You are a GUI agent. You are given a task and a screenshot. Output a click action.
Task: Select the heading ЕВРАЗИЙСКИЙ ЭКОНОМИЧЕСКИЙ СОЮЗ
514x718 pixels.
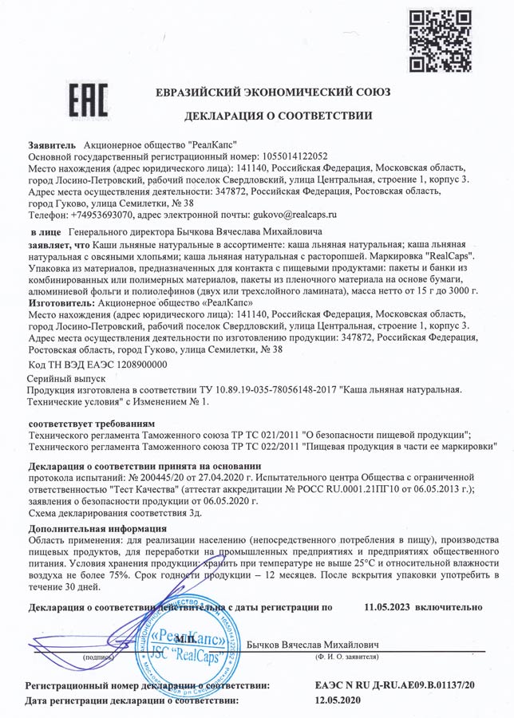pos(273,92)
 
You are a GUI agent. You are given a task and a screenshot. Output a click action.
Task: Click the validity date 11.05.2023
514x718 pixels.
pos(387,606)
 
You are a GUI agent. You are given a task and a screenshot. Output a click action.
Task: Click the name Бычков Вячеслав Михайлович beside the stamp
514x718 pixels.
pos(313,644)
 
